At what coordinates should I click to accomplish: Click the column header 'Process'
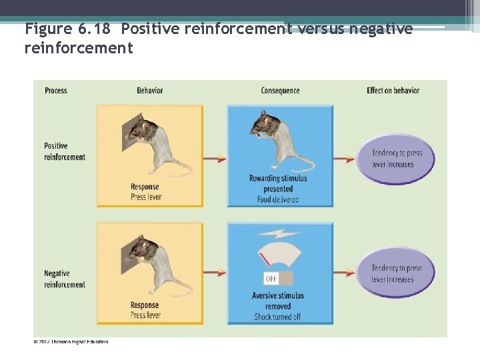point(56,91)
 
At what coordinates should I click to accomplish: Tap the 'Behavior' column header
point(149,91)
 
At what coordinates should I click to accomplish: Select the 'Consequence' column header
point(280,91)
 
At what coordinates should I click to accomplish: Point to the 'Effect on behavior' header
point(393,91)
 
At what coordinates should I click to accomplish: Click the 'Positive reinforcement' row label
point(65,151)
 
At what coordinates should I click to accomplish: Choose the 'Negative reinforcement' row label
point(65,279)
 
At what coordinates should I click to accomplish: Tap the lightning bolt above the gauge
point(279,234)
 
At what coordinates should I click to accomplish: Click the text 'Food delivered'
point(279,199)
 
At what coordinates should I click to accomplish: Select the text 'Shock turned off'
point(279,317)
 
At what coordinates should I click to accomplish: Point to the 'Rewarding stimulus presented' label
point(279,183)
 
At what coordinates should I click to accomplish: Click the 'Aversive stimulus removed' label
point(278,301)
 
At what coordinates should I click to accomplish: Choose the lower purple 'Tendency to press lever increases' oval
point(396,273)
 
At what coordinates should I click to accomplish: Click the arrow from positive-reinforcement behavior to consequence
point(215,159)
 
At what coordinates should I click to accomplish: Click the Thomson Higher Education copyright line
point(71,342)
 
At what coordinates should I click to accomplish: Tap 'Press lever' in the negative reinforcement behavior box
point(145,315)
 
